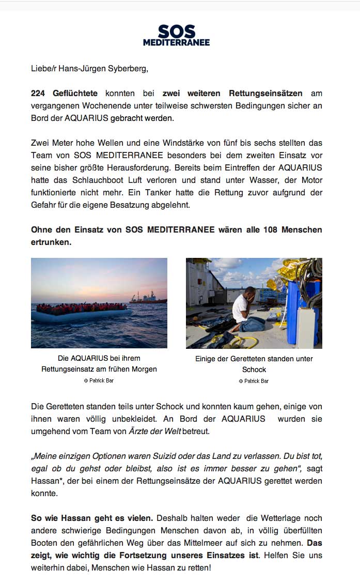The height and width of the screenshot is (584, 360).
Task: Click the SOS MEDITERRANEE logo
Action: pyautogui.click(x=176, y=35)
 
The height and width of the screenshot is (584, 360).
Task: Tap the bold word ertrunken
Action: pyautogui.click(x=51, y=242)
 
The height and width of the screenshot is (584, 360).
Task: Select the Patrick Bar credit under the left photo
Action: pyautogui.click(x=99, y=380)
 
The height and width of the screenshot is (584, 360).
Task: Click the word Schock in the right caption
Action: pyautogui.click(x=254, y=370)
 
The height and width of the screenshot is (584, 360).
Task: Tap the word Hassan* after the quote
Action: pyautogui.click(x=45, y=481)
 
